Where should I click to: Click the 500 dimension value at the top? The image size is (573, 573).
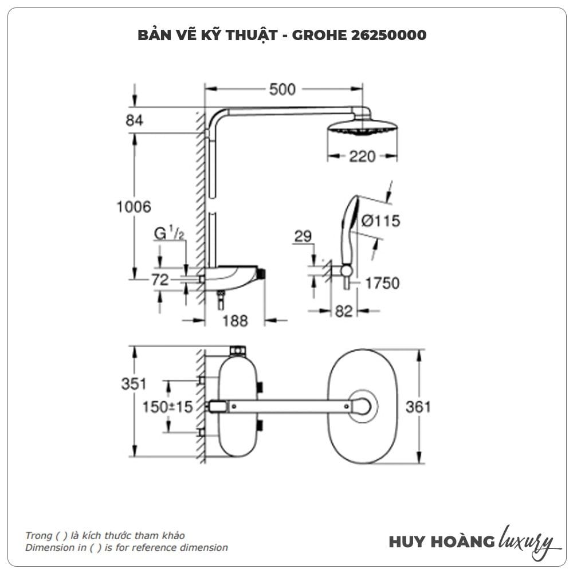click(282, 89)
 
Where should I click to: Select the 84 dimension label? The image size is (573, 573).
click(135, 120)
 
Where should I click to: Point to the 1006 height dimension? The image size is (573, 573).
click(134, 207)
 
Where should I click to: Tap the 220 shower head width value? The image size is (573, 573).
click(362, 156)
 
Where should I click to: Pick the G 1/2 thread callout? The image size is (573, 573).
click(169, 233)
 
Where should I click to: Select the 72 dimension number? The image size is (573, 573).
click(160, 280)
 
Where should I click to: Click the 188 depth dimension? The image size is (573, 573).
click(235, 321)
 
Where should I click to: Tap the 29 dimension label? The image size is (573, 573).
click(303, 236)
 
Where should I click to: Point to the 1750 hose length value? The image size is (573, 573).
click(382, 283)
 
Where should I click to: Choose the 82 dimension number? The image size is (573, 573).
click(343, 311)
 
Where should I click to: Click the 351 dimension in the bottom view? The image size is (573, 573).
click(134, 384)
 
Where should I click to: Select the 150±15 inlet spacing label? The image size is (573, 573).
click(168, 407)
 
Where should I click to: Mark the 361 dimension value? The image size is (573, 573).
click(418, 407)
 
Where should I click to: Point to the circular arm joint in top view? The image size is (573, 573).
click(363, 406)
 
